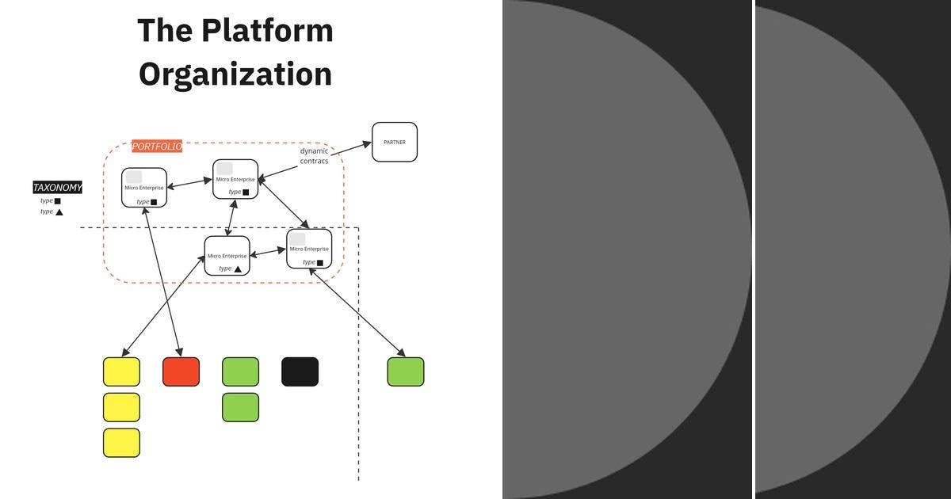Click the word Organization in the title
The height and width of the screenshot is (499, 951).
point(235,74)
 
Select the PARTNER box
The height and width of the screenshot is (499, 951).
point(395,142)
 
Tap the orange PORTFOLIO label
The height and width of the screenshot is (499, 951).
point(157,147)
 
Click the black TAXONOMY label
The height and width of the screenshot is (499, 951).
point(57,188)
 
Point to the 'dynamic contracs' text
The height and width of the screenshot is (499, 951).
point(314,156)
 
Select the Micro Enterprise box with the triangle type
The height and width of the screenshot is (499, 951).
point(227,256)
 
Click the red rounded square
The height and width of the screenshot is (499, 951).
point(181,371)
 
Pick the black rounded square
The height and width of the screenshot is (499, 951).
point(300,371)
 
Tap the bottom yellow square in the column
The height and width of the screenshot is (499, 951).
point(121,443)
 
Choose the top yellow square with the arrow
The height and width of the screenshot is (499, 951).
point(121,371)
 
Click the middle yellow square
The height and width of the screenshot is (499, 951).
point(121,407)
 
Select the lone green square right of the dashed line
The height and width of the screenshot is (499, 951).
point(406,371)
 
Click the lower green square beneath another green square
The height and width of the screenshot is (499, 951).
point(240,407)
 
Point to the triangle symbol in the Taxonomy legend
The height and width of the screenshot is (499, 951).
point(59,212)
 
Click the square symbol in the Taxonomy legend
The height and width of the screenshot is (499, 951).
point(58,201)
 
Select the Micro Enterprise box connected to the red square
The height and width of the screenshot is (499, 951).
point(144,188)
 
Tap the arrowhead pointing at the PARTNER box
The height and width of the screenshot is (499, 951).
point(367,143)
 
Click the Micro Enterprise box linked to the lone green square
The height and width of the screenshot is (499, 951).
point(309,249)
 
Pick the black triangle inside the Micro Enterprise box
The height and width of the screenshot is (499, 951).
point(238,269)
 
